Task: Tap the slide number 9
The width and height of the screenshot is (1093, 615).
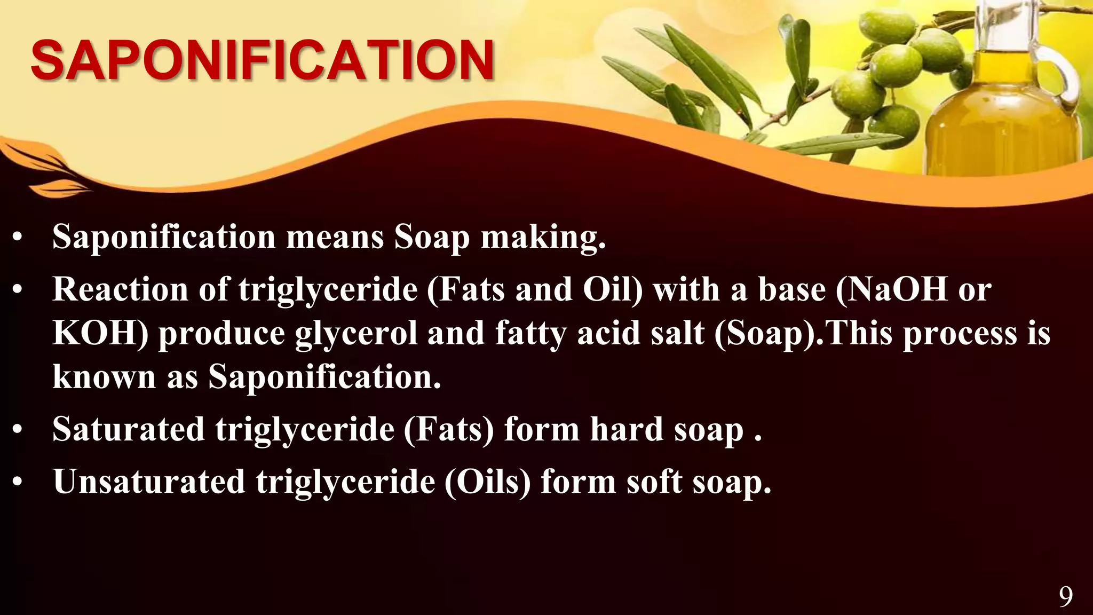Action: pos(1065,597)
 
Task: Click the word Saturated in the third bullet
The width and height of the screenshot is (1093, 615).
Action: pos(128,429)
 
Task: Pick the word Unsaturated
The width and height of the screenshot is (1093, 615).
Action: pos(149,482)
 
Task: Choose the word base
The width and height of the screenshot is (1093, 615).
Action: pos(792,289)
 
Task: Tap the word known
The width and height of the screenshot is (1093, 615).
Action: pos(104,377)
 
